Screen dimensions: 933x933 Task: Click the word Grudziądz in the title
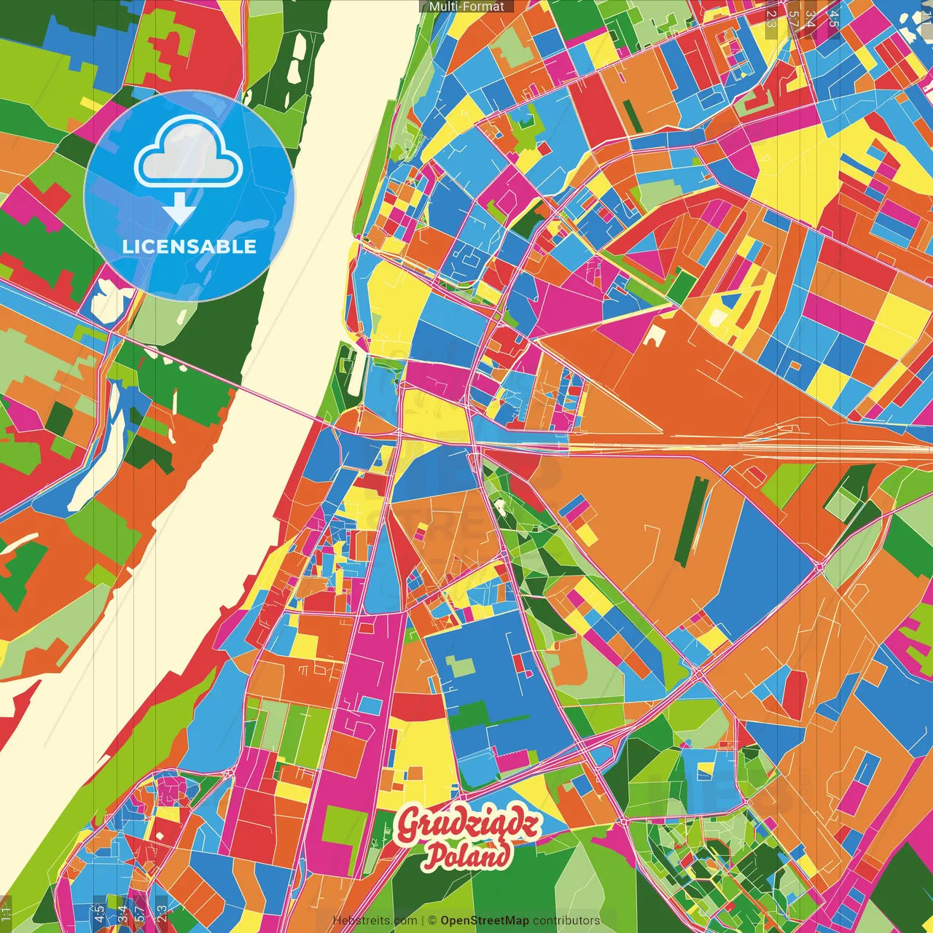click(x=468, y=824)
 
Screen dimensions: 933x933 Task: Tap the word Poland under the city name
click(x=468, y=855)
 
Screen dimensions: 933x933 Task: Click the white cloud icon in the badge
click(x=189, y=155)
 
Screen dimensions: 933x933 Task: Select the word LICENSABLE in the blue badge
click(x=190, y=246)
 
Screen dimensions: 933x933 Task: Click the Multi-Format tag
click(x=466, y=7)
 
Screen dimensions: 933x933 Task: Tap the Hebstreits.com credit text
click(x=375, y=921)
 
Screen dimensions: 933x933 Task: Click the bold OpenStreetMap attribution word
click(x=484, y=921)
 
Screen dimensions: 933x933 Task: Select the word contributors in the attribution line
click(x=566, y=921)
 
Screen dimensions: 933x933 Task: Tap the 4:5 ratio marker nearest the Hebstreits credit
click(x=98, y=913)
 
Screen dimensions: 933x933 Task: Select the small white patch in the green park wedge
click(x=500, y=504)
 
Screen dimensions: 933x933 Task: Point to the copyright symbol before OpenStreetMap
click(x=432, y=921)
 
